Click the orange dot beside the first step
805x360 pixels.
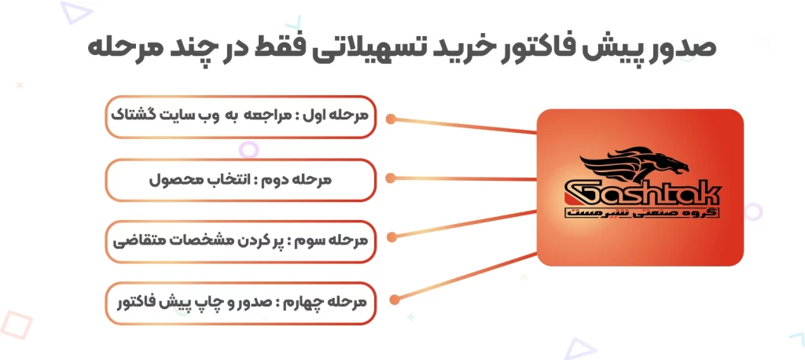click(x=391, y=119)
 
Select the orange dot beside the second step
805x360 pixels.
click(x=390, y=178)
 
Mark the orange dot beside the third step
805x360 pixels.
click(x=391, y=237)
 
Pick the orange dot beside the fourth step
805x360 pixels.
click(x=395, y=299)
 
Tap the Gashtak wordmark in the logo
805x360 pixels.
click(x=642, y=194)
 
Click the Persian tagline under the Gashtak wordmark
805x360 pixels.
click(x=641, y=213)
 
